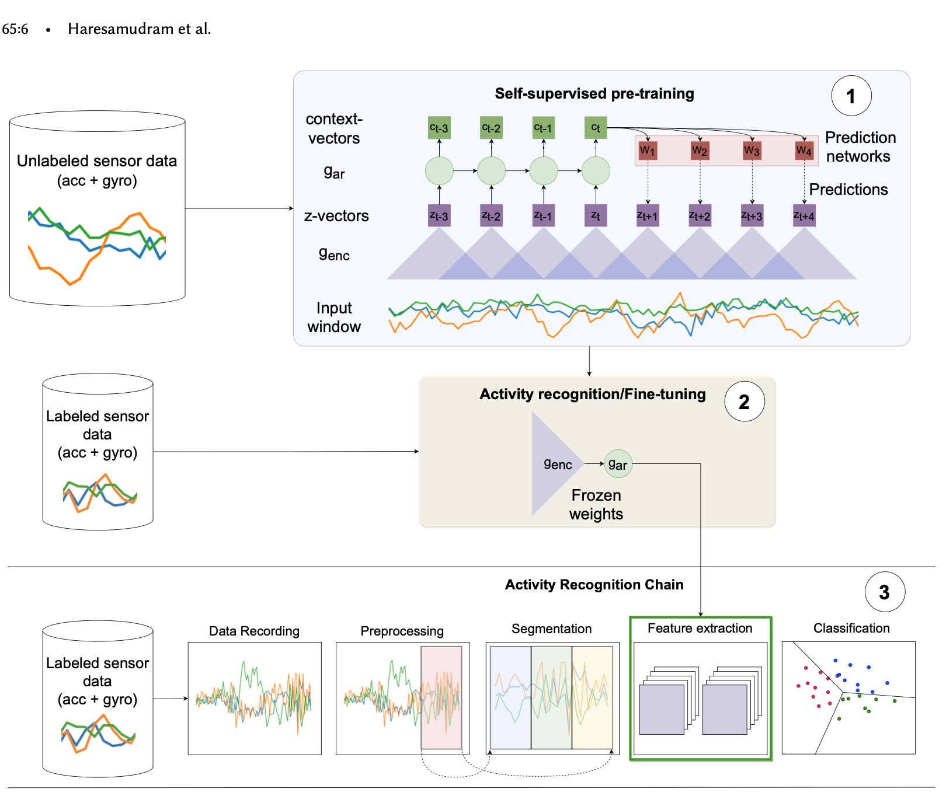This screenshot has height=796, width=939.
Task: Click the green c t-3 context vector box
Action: (439, 128)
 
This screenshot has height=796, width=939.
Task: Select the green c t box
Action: (596, 128)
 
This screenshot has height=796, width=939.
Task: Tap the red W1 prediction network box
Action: (648, 151)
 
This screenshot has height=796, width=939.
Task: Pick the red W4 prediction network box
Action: (804, 151)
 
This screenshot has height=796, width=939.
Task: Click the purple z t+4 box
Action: (804, 215)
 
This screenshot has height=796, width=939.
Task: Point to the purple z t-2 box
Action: (491, 215)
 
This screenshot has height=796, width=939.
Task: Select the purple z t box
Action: (596, 215)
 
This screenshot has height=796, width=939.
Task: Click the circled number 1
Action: (851, 96)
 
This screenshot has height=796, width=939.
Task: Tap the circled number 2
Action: (745, 402)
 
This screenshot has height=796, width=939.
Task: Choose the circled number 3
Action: (885, 592)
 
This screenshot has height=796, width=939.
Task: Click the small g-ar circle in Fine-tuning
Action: (618, 464)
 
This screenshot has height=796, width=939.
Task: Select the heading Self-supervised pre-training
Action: (594, 93)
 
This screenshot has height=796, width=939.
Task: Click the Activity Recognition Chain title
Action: (594, 585)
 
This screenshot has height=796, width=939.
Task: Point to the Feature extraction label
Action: (700, 628)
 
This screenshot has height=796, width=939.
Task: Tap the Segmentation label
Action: (551, 629)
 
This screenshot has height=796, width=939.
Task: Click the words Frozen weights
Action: (596, 504)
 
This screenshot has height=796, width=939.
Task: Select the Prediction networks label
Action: (860, 146)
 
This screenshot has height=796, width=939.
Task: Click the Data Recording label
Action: (254, 631)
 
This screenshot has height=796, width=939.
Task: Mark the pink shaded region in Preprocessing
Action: (441, 697)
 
